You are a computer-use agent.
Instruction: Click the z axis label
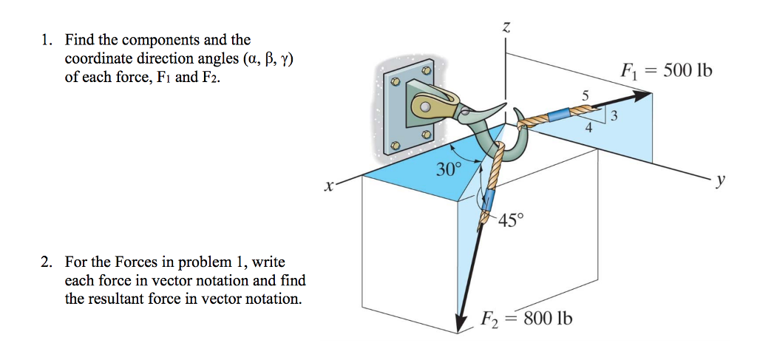pyautogui.click(x=506, y=28)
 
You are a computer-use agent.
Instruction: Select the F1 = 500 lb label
pyautogui.click(x=665, y=72)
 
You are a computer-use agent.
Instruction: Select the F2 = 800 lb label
pyautogui.click(x=526, y=319)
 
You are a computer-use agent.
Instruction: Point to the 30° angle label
pyautogui.click(x=447, y=169)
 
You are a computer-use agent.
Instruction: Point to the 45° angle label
pyautogui.click(x=510, y=220)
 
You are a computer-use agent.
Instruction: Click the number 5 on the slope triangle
pyautogui.click(x=585, y=95)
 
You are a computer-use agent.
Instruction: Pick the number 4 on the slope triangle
pyautogui.click(x=588, y=127)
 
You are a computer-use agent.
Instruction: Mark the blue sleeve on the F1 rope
pyautogui.click(x=559, y=115)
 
